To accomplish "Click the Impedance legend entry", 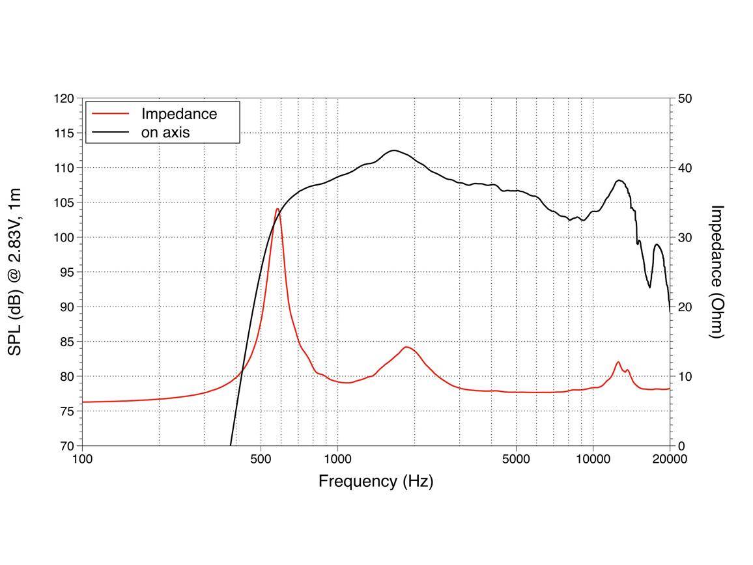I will pos(178,114).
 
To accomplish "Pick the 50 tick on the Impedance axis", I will pos(685,99).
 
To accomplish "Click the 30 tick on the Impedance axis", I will pos(685,238).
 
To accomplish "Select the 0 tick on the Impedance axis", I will pos(681,446).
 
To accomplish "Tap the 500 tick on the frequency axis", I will pos(261,458).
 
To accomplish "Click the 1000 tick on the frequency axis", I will pos(337,458).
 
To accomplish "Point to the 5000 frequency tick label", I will pos(516,458).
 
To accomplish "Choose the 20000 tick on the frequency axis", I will pos(670,458).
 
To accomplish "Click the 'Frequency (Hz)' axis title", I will pos(376,481).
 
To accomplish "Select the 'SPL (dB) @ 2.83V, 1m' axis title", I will pos(15,271).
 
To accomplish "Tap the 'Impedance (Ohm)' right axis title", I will pos(717,271).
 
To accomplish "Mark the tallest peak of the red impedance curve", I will pos(277,209).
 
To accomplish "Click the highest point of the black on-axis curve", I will pos(393,150).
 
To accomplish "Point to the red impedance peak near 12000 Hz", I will pos(618,362).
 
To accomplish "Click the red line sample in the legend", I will pos(111,114).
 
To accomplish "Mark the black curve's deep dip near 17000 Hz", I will pos(649,287).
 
